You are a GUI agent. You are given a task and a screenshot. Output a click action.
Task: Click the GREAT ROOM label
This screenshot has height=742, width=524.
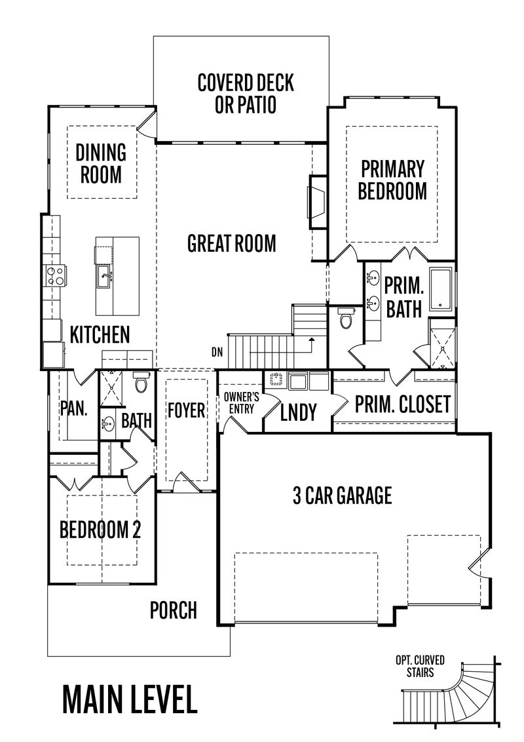[x=232, y=243]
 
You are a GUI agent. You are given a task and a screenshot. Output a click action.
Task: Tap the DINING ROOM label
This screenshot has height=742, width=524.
[x=101, y=163]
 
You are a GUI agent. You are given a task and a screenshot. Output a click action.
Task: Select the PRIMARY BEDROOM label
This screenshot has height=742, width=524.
[x=393, y=180]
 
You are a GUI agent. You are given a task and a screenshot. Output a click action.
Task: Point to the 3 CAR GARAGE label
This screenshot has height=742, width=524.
[x=342, y=496]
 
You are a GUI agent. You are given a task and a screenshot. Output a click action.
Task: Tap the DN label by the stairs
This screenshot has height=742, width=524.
[x=217, y=352]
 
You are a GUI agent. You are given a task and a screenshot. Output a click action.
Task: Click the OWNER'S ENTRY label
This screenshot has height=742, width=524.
[x=241, y=402]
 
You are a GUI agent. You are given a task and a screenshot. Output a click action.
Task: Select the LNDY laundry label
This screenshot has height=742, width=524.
[x=299, y=412]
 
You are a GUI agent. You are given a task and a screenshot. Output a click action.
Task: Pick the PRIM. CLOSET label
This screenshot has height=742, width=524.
[x=403, y=404]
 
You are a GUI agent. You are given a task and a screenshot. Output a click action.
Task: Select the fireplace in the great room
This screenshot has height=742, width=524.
[x=316, y=202]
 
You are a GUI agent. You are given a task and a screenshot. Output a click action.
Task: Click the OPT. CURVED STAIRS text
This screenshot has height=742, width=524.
[x=421, y=666]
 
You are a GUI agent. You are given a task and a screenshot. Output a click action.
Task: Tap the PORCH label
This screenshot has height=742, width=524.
[x=174, y=610]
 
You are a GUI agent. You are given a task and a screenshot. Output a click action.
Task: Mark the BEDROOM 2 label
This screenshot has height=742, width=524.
[x=100, y=529]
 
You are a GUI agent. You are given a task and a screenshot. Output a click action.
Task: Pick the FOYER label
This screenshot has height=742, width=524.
[x=186, y=411]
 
